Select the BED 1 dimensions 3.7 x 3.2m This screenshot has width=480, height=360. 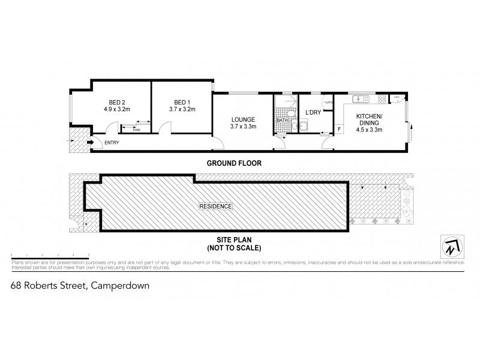click(182, 110)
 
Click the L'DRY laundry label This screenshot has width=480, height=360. click(313, 113)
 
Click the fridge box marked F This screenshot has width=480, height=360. click(340, 128)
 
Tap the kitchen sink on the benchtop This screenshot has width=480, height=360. click(360, 98)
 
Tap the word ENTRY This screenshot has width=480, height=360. click(112, 142)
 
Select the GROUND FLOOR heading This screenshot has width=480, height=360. click(233, 163)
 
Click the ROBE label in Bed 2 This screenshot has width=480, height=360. click(136, 129)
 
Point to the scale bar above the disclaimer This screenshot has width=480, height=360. click(50, 256)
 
